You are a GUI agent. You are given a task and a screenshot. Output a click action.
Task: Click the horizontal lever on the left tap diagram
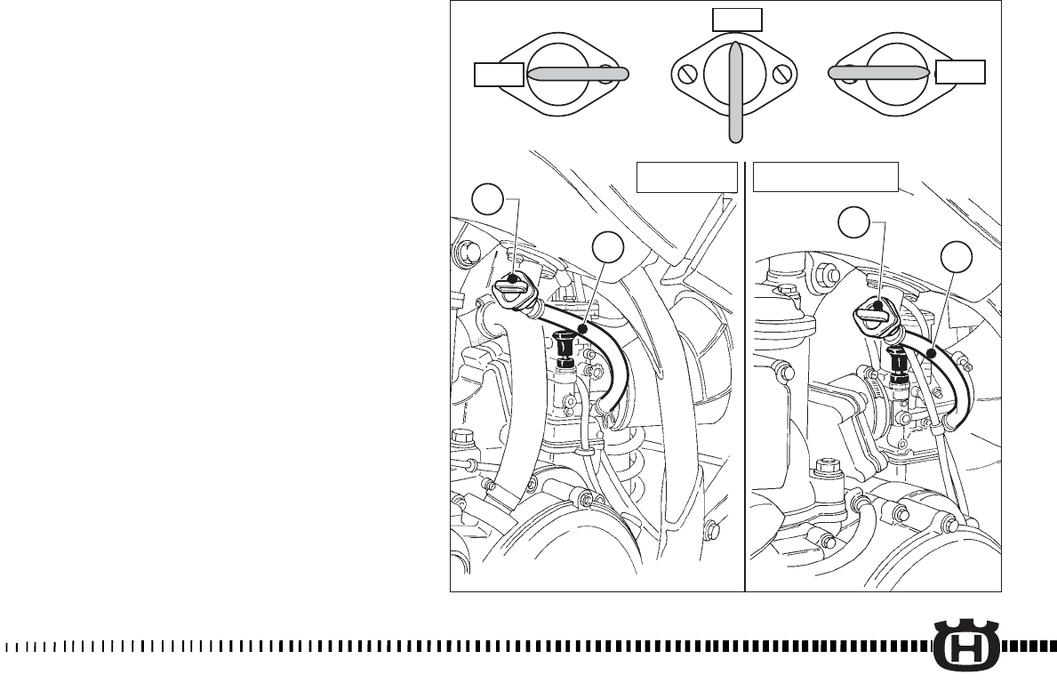[578, 75]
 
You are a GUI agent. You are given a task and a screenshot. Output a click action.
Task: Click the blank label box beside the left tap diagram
[499, 75]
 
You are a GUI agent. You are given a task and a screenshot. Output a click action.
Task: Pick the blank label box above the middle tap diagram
[737, 20]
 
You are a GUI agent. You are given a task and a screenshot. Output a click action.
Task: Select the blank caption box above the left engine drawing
[687, 178]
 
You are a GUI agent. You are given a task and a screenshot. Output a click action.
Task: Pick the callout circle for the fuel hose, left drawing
[608, 250]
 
